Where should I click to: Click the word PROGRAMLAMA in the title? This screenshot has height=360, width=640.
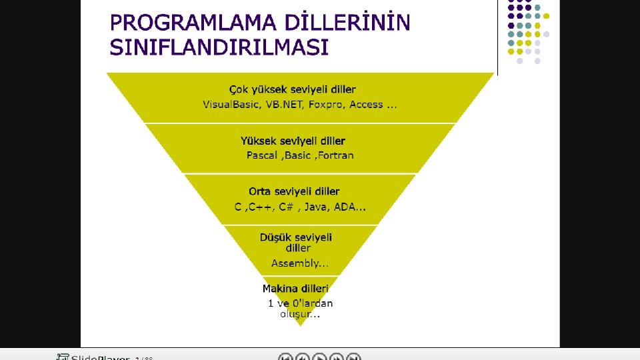(185, 23)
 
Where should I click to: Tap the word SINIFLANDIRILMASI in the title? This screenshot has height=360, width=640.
(219, 48)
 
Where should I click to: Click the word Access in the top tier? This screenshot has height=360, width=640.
(367, 105)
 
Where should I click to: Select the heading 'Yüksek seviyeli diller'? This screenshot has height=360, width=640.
(293, 141)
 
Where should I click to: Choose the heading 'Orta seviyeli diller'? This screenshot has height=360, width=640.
(294, 191)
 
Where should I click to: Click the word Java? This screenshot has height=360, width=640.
(317, 207)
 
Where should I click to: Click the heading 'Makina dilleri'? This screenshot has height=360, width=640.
(295, 289)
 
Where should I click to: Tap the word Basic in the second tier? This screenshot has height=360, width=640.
(298, 155)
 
